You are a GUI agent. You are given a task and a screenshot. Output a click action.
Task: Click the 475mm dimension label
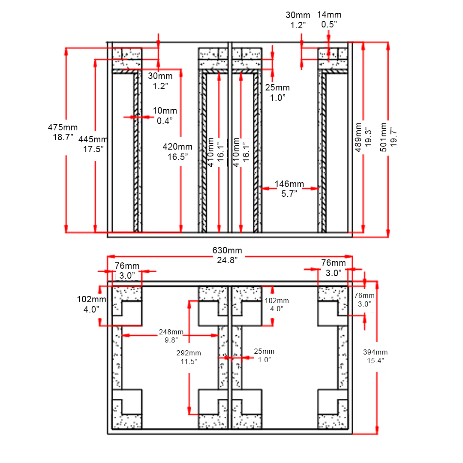point(63,127)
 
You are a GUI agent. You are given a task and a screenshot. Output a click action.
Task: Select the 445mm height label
point(93,139)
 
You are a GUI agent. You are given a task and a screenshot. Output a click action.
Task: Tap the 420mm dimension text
point(177,146)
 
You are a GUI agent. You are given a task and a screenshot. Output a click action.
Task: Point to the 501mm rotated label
point(383,137)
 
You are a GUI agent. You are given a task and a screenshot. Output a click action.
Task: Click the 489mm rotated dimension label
point(358,137)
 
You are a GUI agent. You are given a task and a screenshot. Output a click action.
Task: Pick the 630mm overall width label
point(227,250)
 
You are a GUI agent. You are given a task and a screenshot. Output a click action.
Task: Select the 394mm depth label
point(375,352)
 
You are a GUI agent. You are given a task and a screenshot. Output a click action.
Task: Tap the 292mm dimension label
point(189,353)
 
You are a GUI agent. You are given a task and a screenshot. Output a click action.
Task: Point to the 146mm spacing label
point(289,184)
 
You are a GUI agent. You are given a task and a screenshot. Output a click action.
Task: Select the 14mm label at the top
point(329,15)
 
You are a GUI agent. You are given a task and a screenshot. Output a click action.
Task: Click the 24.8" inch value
point(227,260)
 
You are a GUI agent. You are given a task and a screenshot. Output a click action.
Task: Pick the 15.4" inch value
point(375,361)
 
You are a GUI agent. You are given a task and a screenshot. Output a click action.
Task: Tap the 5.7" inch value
point(289,194)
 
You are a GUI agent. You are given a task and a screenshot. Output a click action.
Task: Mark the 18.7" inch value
point(63,137)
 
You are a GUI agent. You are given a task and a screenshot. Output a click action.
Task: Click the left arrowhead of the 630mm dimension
point(109,256)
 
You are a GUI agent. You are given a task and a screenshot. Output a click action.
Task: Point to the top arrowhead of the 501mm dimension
point(388,45)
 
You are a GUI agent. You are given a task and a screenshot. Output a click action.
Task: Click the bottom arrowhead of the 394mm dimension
point(377,430)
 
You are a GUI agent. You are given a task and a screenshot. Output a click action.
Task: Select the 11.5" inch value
point(189,361)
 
